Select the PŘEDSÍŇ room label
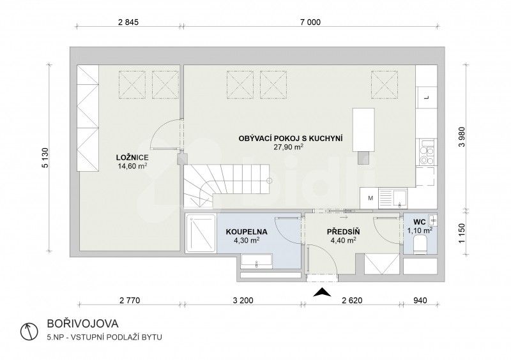(341, 232)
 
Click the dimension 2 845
(128, 21)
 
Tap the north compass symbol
(27, 331)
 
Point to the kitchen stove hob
(424, 154)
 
